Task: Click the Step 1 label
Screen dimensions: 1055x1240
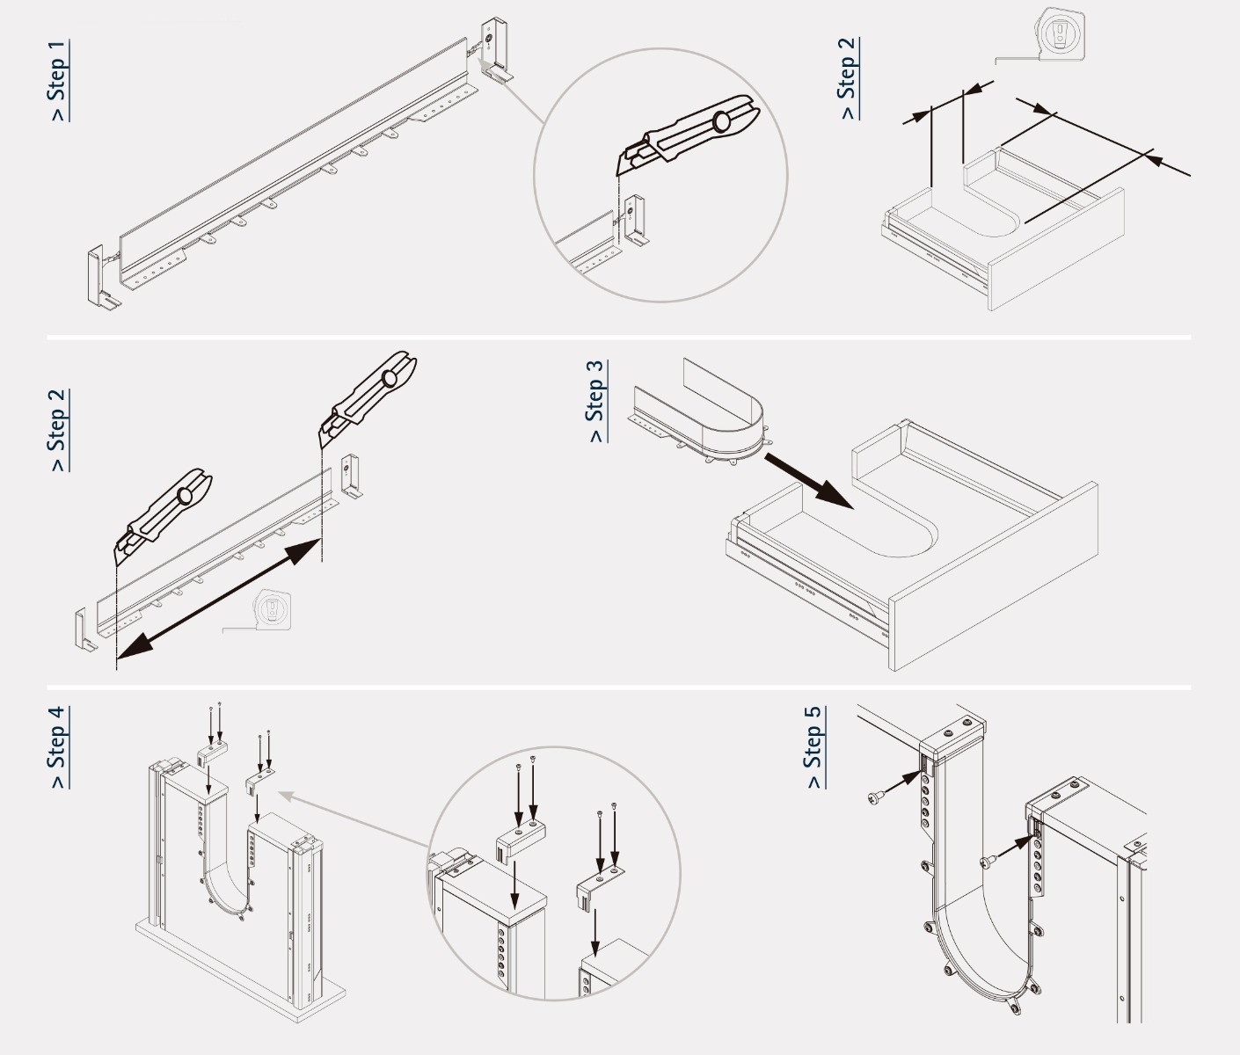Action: point(58,81)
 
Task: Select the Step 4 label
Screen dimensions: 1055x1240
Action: point(58,747)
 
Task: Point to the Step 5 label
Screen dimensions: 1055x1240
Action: point(814,747)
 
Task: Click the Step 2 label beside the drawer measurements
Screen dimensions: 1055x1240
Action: point(848,79)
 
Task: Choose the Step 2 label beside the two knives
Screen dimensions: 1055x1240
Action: point(58,431)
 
